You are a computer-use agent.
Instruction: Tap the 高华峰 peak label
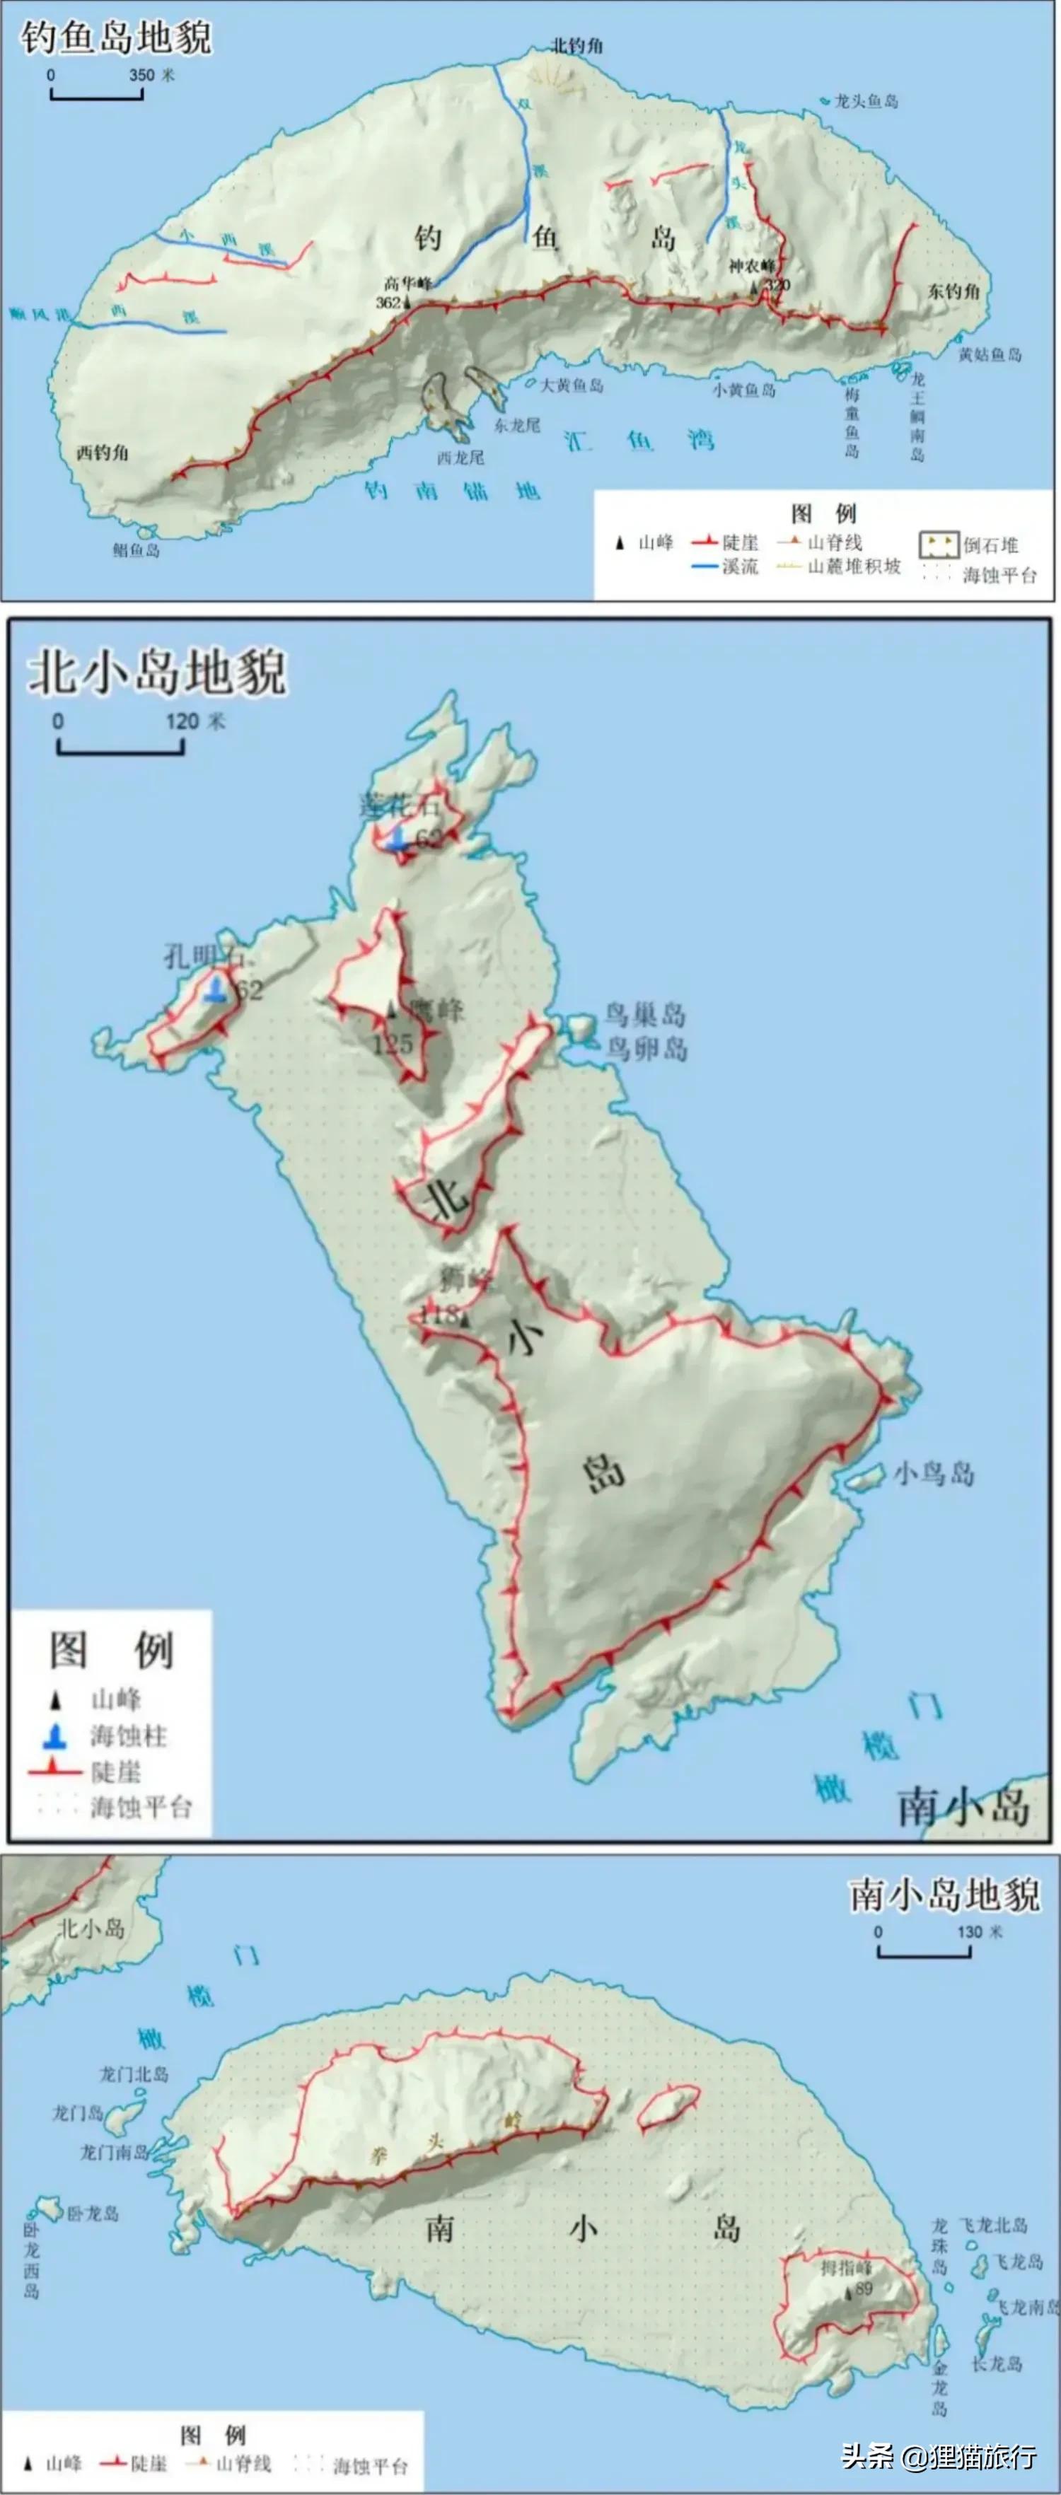[x=407, y=283]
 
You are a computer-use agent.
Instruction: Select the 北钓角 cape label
[x=577, y=45]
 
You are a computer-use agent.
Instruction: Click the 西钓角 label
[x=103, y=453]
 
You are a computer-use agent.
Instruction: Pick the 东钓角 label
[x=953, y=291]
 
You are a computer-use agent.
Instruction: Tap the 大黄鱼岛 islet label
[x=572, y=385]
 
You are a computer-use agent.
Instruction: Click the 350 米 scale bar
[x=97, y=93]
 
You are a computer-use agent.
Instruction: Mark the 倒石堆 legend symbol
[x=939, y=545]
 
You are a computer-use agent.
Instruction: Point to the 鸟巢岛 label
[x=645, y=1015]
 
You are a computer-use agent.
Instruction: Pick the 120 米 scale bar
[x=120, y=746]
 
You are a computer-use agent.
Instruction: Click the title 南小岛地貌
[x=945, y=1895]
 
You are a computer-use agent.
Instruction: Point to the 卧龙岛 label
[x=92, y=2214]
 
